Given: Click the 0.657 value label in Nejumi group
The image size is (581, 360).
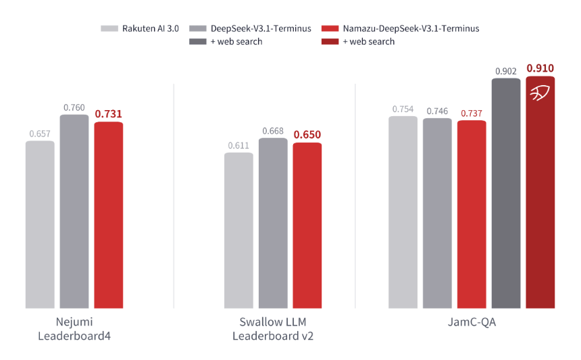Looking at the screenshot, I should coord(40,134).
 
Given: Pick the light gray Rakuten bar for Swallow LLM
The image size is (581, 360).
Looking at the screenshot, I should coord(238,230).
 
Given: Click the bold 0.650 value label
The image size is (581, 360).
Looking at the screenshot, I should coord(307,134).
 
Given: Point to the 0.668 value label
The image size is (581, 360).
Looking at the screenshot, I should coord(273,130).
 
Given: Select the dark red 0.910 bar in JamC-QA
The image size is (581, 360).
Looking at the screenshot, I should coord(540,196).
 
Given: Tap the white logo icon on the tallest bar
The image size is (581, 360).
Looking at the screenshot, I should coord(540,93).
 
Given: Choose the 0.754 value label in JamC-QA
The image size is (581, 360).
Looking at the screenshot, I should coord(403,109).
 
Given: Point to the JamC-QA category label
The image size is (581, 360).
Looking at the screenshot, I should coord(472,323).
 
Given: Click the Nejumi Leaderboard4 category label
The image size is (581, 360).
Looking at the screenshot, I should coord(74,329).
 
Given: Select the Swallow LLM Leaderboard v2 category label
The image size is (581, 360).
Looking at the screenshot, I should coord(272,329).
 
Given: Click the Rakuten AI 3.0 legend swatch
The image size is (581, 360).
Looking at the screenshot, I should coord(110,28).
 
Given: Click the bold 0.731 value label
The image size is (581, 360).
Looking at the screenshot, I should coord(109,114).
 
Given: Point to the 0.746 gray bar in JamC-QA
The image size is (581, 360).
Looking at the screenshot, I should coord(437,213).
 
